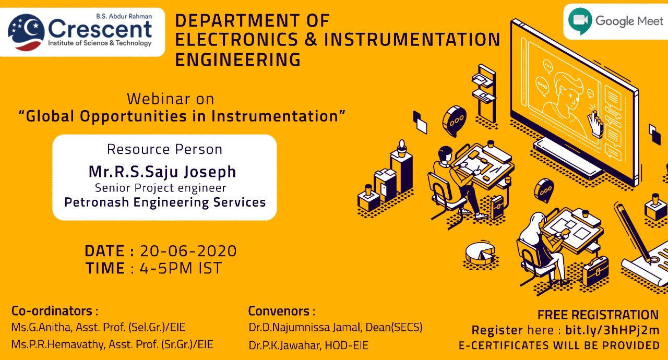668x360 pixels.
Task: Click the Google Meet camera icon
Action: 580,21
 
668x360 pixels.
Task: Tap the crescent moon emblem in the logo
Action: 26,32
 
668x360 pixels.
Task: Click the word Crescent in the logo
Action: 100,29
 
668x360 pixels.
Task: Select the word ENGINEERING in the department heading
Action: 237,59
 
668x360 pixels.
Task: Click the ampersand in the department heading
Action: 311,40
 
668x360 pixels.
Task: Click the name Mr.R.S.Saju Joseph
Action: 162,172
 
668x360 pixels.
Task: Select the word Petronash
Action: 97,202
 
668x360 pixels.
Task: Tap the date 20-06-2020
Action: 188,251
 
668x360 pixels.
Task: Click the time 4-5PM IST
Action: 181,268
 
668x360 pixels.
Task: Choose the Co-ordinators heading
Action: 55,311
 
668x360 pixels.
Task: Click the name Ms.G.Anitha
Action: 41,328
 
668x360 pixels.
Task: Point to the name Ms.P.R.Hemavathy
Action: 58,344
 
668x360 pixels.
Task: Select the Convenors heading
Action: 282,311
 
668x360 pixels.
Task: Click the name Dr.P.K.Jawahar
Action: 285,345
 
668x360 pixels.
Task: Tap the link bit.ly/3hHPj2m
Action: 612,330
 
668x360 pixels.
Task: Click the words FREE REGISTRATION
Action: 598,315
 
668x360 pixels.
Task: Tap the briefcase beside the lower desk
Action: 595,271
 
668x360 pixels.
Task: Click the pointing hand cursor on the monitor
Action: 595,124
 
